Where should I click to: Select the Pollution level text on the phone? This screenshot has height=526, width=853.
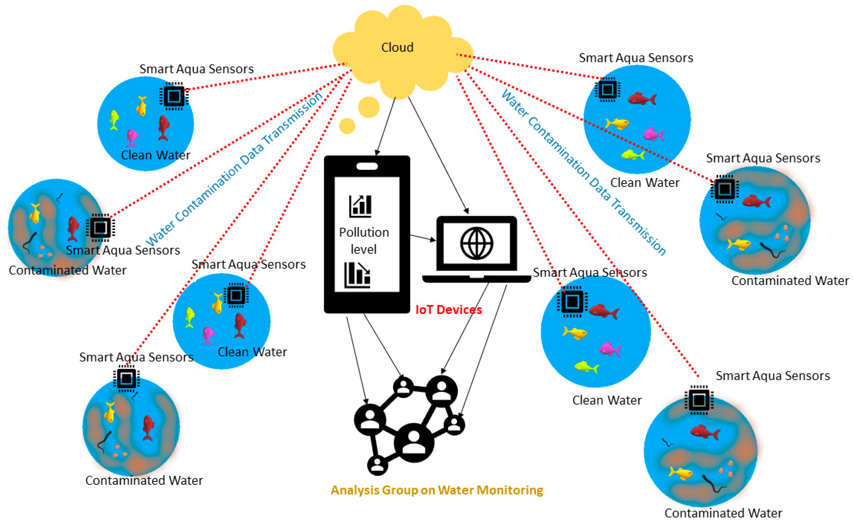click(364, 240)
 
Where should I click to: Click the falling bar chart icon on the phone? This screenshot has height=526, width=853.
click(357, 275)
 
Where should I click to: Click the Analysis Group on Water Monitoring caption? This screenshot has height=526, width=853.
click(437, 490)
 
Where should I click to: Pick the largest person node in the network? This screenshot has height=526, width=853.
click(414, 443)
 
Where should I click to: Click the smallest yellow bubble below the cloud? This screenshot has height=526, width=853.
click(347, 126)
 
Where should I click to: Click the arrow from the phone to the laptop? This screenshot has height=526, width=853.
click(423, 238)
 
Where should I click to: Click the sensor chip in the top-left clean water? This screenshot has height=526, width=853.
click(174, 96)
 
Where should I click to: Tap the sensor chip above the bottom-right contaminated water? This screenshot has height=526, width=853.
click(699, 400)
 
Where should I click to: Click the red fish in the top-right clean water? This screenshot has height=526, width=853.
click(642, 99)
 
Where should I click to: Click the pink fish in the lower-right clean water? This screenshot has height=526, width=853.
click(610, 349)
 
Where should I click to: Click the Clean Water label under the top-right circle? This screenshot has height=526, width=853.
click(645, 183)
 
